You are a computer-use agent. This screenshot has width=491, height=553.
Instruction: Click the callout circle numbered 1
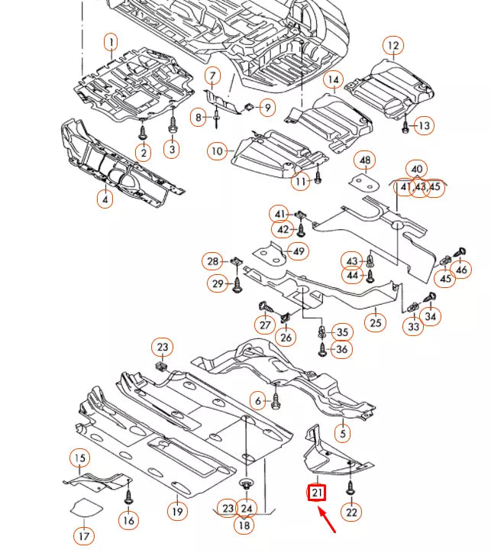pos(111,42)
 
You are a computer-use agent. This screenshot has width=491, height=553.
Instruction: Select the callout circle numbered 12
pos(392,47)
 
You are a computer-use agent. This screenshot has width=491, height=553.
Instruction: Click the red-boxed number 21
pos(317,493)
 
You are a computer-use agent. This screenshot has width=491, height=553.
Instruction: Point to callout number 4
pos(104,199)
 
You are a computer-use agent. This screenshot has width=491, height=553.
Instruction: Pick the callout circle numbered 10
pos(218,151)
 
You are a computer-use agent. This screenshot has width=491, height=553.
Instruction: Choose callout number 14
pos(333,79)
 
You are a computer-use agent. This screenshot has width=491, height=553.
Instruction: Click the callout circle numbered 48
pos(366,160)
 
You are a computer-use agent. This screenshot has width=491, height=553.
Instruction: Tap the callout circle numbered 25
pos(375,323)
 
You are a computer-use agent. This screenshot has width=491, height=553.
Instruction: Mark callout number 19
pos(177,511)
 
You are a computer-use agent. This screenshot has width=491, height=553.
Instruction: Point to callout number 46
pos(461,269)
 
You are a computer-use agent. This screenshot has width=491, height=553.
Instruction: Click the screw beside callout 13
pos(405,125)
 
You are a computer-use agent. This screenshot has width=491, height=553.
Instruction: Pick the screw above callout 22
pos(350,487)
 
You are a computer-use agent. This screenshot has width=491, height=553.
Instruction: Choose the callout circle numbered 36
pos(341,350)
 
